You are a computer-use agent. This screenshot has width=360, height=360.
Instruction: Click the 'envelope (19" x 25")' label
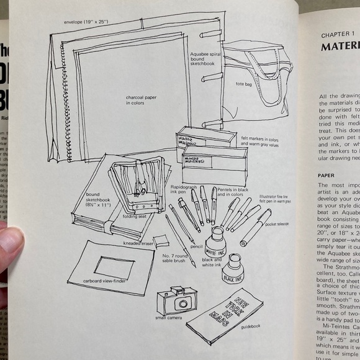tap(87, 23)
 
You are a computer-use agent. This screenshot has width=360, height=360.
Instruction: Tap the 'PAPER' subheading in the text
tap(326, 176)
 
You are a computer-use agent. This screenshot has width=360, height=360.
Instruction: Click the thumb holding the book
tap(9, 245)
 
